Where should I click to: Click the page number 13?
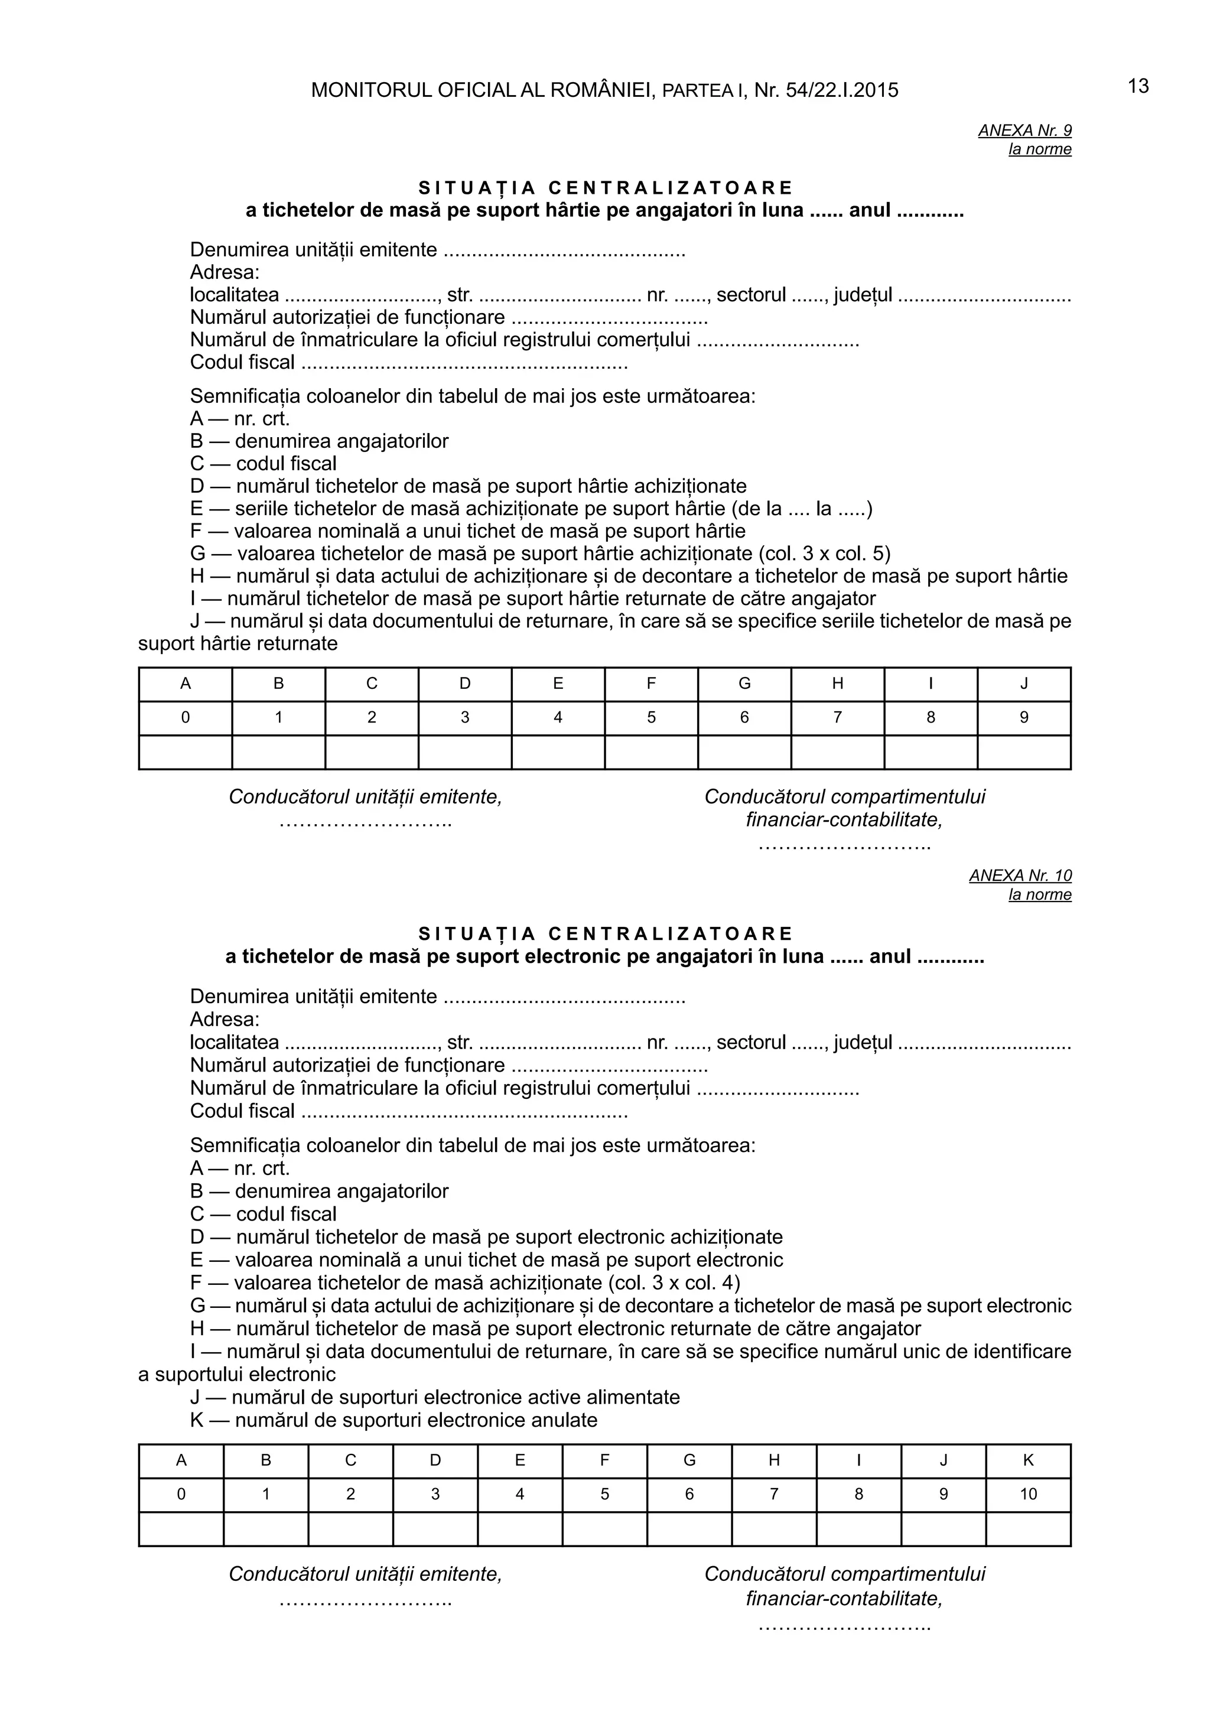[x=1138, y=86]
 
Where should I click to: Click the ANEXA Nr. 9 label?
[x=1024, y=131]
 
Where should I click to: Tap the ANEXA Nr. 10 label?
[x=1020, y=875]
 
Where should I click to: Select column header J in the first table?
[x=1024, y=684]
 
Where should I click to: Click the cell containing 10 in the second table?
[x=1028, y=1494]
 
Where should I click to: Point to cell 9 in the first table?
[x=1024, y=717]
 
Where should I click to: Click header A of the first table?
[x=185, y=684]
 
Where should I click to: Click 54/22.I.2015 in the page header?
[x=842, y=91]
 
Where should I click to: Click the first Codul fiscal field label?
[x=242, y=362]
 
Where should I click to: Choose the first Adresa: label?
[x=225, y=272]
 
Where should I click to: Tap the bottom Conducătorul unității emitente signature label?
[x=365, y=1574]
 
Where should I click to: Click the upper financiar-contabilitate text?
[x=844, y=819]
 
